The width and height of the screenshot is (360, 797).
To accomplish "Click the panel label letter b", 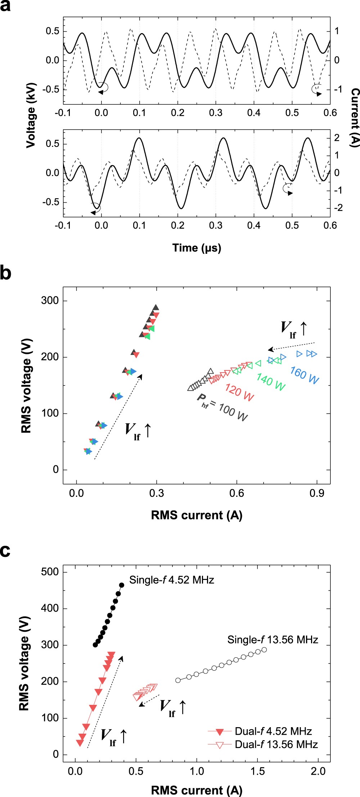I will [x=5, y=273].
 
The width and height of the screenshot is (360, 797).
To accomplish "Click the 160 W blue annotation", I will [x=305, y=375].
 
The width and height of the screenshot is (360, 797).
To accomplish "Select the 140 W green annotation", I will [x=271, y=382].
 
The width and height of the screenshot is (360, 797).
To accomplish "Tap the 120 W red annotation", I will [x=239, y=392].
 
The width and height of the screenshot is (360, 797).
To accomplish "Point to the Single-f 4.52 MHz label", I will [x=172, y=580].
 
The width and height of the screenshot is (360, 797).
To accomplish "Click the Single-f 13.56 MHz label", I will [x=273, y=640].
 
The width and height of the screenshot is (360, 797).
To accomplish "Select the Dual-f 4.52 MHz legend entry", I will [x=273, y=731].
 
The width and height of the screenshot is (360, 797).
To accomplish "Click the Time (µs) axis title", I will [x=197, y=248].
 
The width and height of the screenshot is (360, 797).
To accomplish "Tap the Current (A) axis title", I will [x=355, y=117].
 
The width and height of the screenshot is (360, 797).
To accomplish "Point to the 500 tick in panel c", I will [x=50, y=572].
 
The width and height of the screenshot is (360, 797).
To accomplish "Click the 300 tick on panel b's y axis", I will [x=50, y=301].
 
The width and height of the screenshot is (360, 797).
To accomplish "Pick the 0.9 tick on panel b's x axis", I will [x=317, y=493].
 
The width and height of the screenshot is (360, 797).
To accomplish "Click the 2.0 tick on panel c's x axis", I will [x=318, y=771].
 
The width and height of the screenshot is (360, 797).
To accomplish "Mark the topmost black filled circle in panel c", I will [x=122, y=585].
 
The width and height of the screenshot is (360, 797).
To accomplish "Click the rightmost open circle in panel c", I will [x=264, y=650].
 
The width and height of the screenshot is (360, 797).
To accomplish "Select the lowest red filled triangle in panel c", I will [x=80, y=743].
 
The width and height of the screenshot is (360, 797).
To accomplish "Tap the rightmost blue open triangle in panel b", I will [x=314, y=354].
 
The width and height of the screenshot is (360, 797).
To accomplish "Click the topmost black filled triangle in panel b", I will [x=156, y=307].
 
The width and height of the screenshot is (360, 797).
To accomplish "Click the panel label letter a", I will [x=5, y=6].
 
